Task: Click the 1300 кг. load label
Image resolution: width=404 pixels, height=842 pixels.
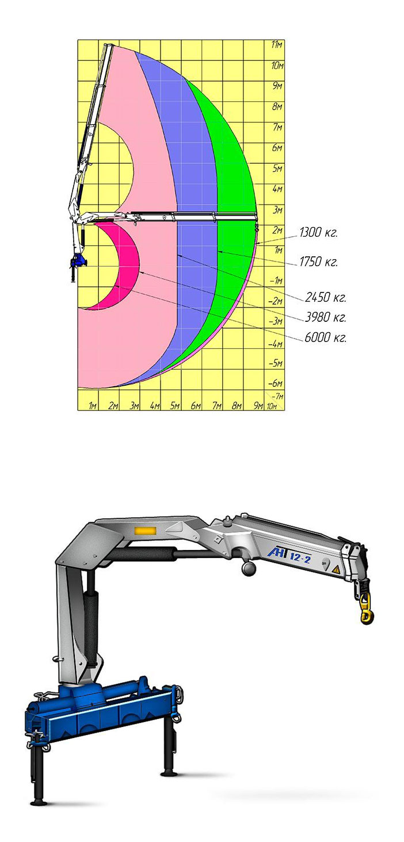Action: (x=318, y=233)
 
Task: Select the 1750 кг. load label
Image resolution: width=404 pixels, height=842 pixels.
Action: (x=318, y=262)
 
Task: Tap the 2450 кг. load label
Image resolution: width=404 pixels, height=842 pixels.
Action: (x=325, y=298)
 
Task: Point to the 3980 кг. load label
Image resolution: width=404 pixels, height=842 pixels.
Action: (x=325, y=318)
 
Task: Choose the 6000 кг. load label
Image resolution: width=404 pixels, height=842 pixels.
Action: (x=325, y=337)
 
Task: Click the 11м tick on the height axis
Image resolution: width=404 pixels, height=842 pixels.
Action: (x=277, y=45)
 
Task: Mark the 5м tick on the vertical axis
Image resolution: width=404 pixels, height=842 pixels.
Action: (x=277, y=168)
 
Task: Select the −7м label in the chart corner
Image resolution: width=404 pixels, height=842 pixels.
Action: (x=277, y=396)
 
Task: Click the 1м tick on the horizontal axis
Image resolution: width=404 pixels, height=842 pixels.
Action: (x=93, y=406)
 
